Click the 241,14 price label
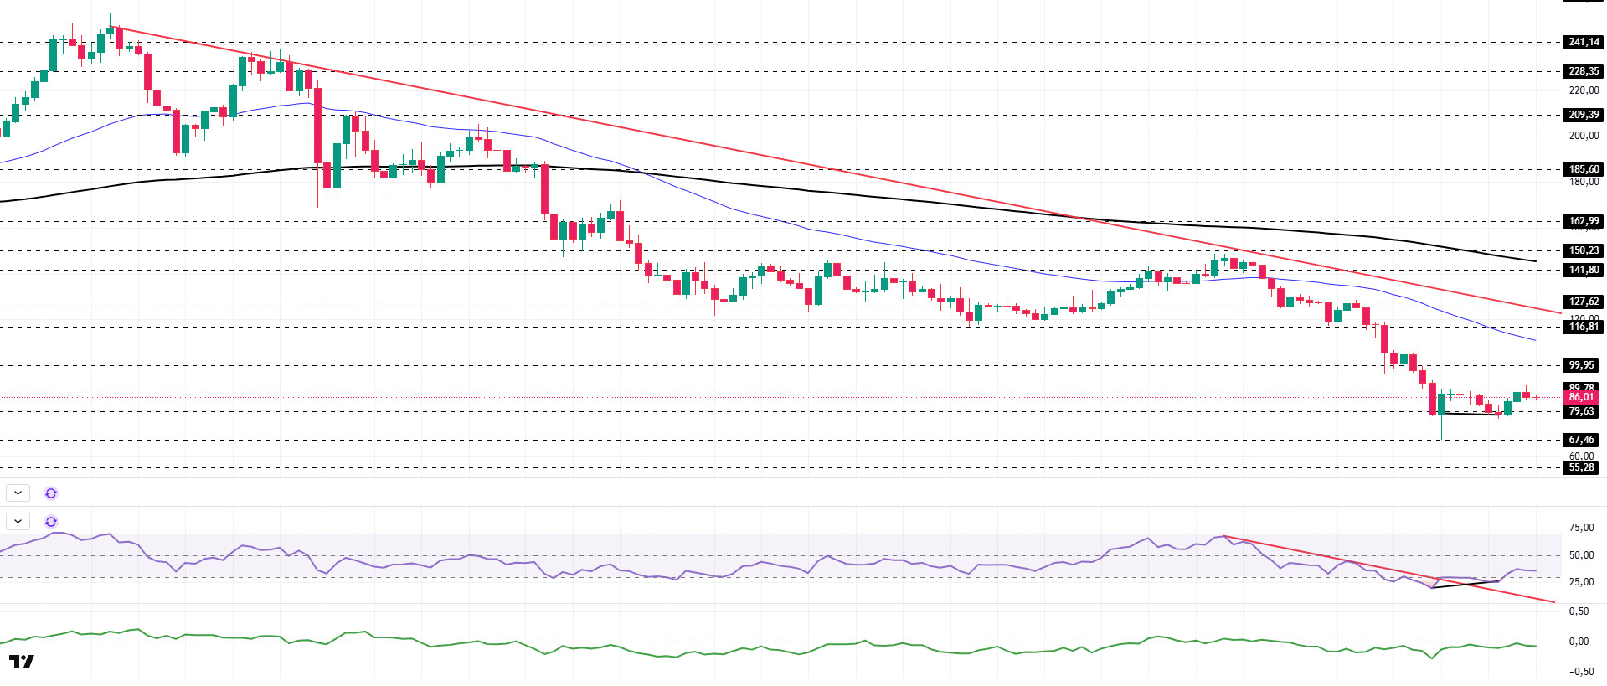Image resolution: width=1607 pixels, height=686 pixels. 1583,42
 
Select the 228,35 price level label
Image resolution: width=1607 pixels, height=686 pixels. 1583,71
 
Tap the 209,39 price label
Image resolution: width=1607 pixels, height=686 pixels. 1583,115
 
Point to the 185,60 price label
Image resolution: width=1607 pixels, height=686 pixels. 1583,169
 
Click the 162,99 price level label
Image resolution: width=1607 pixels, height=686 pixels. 1583,222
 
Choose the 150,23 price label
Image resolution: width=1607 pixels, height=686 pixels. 1583,250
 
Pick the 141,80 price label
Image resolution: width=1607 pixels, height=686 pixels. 1583,270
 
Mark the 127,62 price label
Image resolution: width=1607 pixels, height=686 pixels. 1583,302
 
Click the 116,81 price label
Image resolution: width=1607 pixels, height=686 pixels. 1583,327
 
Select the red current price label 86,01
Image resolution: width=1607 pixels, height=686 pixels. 1581,397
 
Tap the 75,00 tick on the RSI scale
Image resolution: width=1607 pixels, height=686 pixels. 1581,528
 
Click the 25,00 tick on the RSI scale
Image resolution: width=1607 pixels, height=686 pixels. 1581,582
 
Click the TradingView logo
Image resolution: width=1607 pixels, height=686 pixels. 22,662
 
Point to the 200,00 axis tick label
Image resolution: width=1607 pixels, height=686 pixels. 1584,136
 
